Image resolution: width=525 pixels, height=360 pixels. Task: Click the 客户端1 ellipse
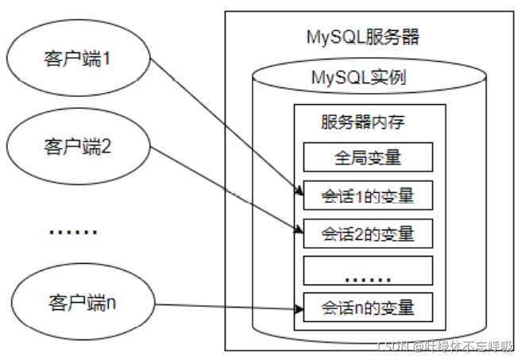(77, 60)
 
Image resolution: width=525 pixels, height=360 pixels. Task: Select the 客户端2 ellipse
(77, 146)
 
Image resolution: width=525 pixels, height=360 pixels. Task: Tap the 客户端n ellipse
(77, 303)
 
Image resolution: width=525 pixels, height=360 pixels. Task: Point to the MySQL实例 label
(368, 79)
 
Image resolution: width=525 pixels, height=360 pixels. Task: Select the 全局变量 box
(367, 157)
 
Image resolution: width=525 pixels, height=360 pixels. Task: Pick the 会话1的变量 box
(367, 195)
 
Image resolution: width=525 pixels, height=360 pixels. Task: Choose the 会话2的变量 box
(367, 234)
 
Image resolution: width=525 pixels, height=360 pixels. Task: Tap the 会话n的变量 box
(367, 307)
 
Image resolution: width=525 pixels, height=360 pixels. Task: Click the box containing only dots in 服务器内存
(367, 271)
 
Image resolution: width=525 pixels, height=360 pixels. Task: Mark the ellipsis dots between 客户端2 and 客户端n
(73, 232)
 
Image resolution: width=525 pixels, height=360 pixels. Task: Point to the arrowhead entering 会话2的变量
(298, 231)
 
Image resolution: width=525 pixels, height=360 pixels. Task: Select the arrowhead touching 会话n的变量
(297, 306)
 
